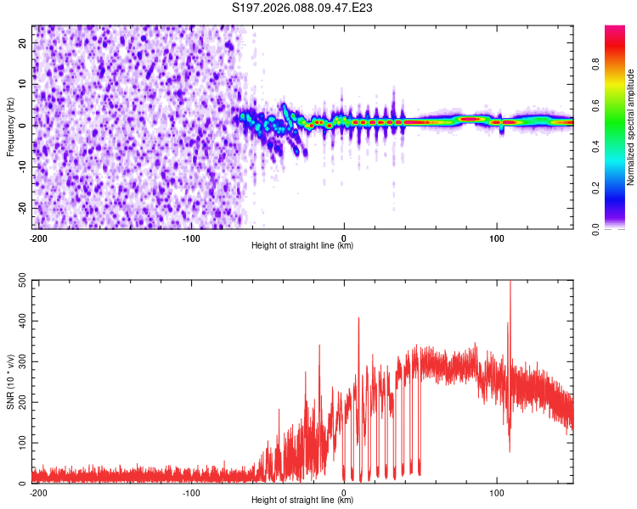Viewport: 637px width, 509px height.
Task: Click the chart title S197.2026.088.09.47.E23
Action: (x=303, y=8)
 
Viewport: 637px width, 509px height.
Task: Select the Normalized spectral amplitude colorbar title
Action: (x=630, y=127)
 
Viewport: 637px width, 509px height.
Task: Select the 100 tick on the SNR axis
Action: (x=20, y=443)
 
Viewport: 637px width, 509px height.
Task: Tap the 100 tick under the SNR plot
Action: (x=497, y=493)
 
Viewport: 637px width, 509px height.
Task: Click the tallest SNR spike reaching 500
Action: (x=510, y=285)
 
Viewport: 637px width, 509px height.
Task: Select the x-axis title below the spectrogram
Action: (x=302, y=246)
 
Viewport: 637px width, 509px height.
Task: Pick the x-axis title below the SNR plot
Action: (x=302, y=501)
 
